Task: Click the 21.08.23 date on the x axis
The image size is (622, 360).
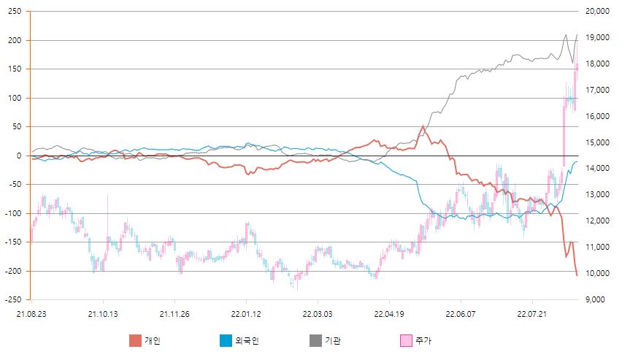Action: [31, 313]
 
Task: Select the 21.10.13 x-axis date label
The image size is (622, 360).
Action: [103, 313]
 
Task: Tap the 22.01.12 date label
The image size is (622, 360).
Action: [246, 313]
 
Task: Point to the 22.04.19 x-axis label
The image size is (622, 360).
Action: [389, 313]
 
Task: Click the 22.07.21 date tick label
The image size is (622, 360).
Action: [532, 313]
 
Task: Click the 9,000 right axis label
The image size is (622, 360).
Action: [599, 299]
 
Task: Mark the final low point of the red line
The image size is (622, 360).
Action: [577, 275]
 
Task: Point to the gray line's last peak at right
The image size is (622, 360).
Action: [577, 35]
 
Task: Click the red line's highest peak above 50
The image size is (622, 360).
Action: [423, 126]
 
